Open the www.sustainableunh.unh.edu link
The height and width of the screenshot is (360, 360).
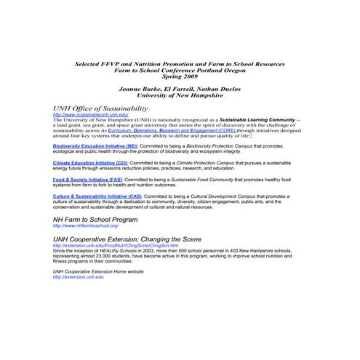pyautogui.click(x=90, y=115)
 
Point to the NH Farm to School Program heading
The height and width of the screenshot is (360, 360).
pyautogui.click(x=95, y=219)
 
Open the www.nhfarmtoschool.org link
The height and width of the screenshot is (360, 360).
pyautogui.click(x=87, y=226)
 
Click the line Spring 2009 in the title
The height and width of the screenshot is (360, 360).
pyautogui.click(x=180, y=76)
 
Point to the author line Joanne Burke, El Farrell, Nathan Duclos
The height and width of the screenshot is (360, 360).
pyautogui.click(x=180, y=88)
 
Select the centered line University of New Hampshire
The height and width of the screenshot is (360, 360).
pyautogui.click(x=180, y=95)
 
